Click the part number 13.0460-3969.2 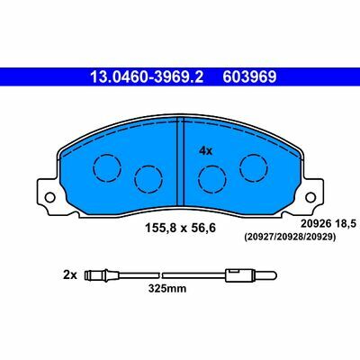point(147,76)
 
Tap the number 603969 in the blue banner point(249,76)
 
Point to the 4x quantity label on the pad point(206,151)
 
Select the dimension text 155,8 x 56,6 point(180,229)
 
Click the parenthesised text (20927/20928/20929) point(290,238)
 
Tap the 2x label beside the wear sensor point(70,275)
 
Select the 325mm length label point(167,289)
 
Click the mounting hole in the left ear point(49,198)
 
